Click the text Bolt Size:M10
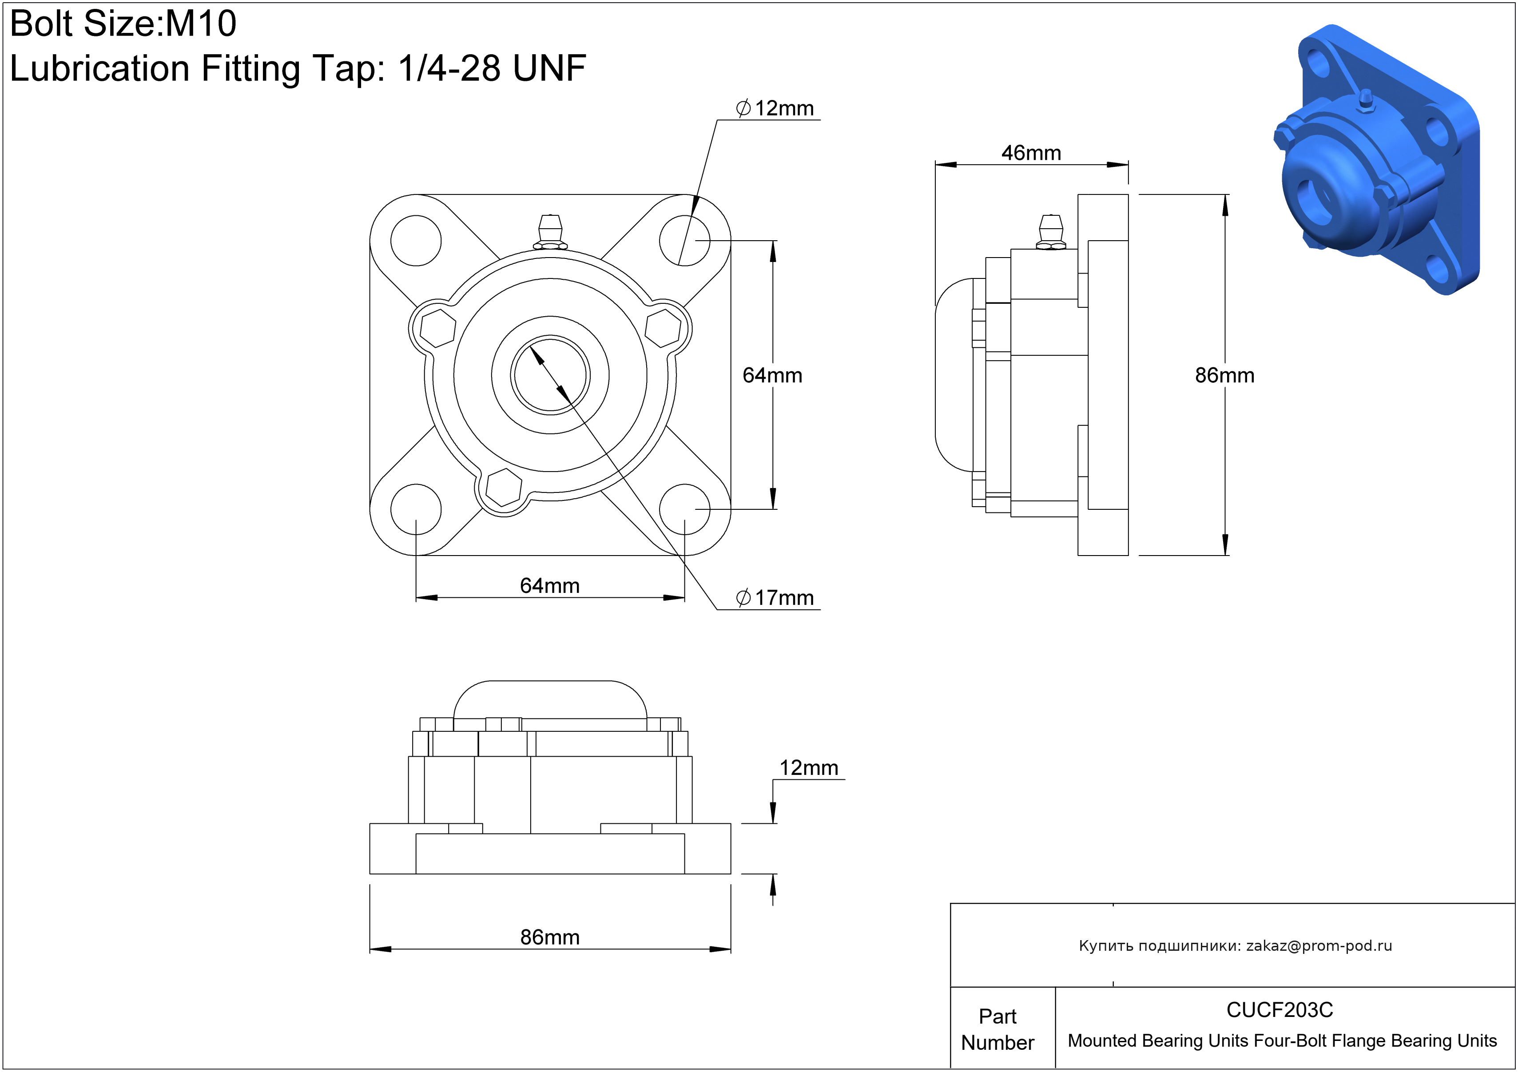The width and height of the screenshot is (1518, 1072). [123, 24]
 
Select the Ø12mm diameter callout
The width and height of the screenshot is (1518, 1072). [775, 108]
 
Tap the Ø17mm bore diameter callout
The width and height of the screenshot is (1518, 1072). [775, 598]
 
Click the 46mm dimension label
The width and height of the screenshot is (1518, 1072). [1031, 153]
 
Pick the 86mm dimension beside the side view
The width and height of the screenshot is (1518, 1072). [1224, 375]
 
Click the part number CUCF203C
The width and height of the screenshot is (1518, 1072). [1280, 1010]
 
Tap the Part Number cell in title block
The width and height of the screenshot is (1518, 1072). [997, 1029]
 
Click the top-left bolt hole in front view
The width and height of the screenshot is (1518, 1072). [416, 241]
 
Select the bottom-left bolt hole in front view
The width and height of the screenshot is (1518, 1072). [416, 509]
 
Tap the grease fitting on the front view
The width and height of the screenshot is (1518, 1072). [550, 231]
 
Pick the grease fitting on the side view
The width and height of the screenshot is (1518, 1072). [1051, 231]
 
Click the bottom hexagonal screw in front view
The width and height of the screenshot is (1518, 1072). [504, 488]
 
